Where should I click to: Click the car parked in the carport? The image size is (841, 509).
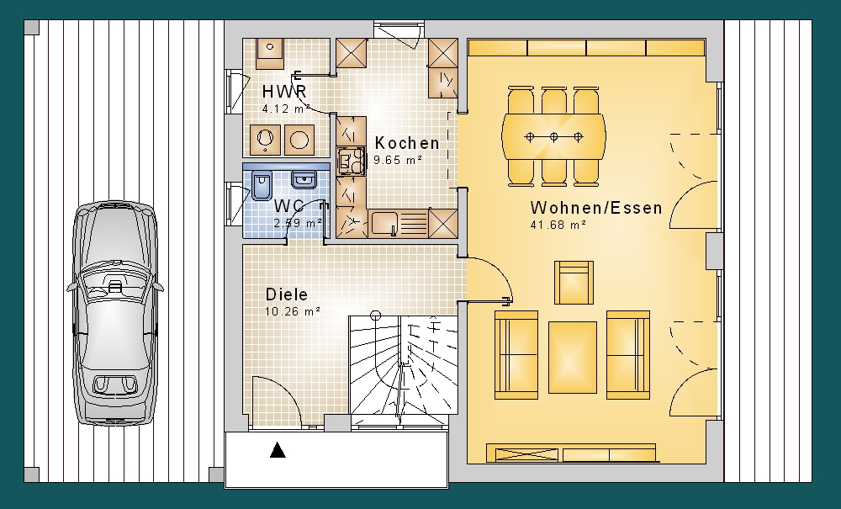[x=115, y=313]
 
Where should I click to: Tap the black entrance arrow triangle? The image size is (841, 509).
[x=278, y=450]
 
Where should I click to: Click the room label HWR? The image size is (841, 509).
[x=283, y=92]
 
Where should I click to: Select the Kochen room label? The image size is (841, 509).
[x=407, y=143]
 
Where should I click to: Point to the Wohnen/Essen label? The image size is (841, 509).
[x=596, y=208]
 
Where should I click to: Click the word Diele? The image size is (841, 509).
[x=287, y=294]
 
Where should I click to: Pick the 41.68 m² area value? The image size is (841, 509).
[x=558, y=225]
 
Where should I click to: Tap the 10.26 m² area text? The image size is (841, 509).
[x=293, y=311]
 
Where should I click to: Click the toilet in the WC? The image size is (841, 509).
[x=262, y=186]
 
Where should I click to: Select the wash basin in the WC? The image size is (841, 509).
[x=304, y=180]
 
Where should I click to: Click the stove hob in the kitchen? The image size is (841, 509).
[x=351, y=161]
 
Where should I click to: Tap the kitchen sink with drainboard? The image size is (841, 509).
[x=399, y=223]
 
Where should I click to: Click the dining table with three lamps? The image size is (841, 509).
[x=553, y=137]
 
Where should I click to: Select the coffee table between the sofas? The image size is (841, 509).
[x=572, y=358]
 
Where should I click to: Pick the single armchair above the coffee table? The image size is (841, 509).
[x=574, y=283]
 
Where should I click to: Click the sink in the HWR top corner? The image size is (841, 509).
[x=269, y=54]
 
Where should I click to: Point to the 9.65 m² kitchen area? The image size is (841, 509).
[x=398, y=160]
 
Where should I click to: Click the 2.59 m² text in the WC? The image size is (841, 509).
[x=298, y=223]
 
